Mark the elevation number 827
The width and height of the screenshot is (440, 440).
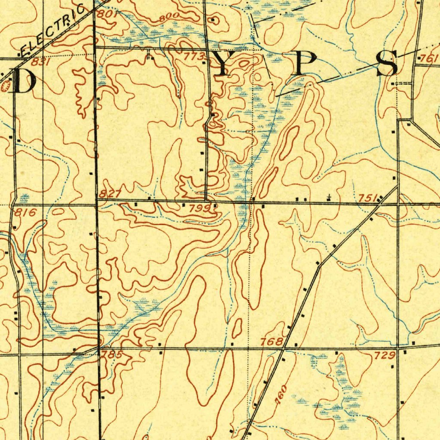(x=110, y=194)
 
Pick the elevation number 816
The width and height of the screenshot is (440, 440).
(x=25, y=212)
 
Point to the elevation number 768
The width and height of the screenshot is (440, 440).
(x=272, y=342)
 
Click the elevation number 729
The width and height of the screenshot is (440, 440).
(x=385, y=355)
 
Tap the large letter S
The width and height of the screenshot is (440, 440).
(x=387, y=64)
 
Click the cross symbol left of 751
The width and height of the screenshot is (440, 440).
(x=329, y=197)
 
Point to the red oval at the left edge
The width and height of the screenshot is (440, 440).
(x=6, y=87)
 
